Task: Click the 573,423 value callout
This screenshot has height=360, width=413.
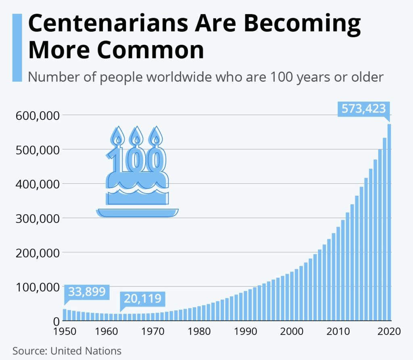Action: pos(364,109)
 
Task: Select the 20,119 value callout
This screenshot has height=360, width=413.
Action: pos(142,299)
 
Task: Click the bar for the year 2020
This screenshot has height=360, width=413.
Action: pos(389,222)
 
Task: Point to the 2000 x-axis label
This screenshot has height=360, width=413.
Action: pos(291,332)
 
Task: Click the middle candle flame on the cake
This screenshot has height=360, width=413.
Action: pos(136,136)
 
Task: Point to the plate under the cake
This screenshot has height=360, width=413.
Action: pos(137,213)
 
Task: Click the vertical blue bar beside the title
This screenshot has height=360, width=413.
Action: pos(17,48)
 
